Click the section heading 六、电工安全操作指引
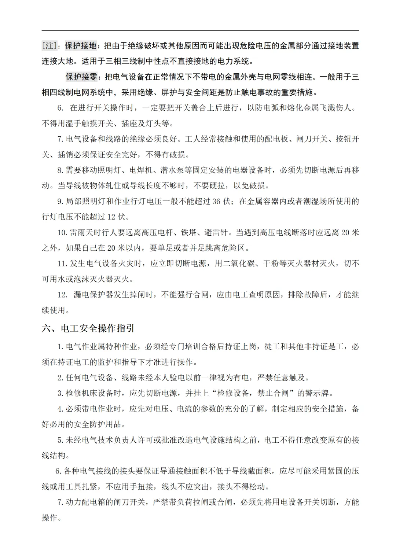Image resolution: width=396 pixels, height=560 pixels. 88,328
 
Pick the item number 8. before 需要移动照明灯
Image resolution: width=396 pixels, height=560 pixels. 61,170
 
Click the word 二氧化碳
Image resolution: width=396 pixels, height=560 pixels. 240,264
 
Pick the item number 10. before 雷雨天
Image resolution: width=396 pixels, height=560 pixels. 62,232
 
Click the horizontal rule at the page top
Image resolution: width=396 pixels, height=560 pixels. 200,30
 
